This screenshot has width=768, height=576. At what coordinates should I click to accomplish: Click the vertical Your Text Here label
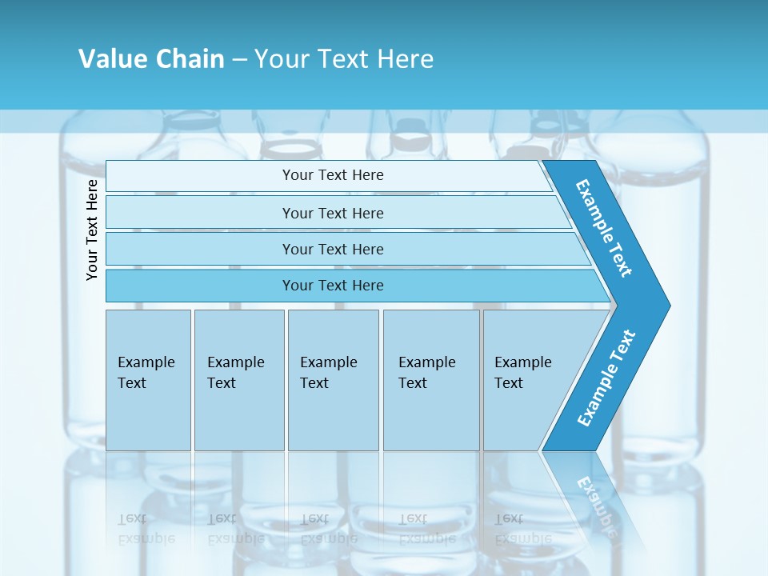click(x=92, y=230)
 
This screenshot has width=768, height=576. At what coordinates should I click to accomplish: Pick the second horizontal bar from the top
click(x=332, y=213)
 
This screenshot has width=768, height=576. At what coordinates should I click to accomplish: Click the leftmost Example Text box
click(x=148, y=379)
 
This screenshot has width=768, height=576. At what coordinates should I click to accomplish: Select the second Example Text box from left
click(x=238, y=379)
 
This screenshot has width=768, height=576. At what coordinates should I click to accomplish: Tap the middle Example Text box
click(x=333, y=379)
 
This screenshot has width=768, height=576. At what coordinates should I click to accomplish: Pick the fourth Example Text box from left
click(x=431, y=379)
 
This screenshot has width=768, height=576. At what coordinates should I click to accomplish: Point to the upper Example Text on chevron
click(x=604, y=228)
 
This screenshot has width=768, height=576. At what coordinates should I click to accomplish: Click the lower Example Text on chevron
click(x=606, y=378)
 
